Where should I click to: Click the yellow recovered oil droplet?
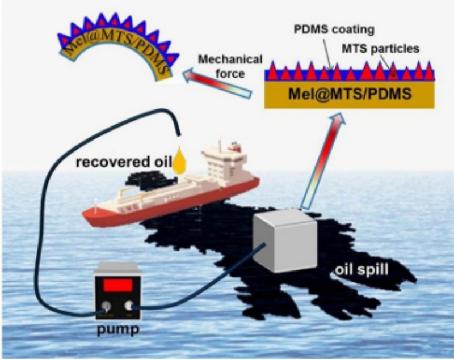tap(180, 161)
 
